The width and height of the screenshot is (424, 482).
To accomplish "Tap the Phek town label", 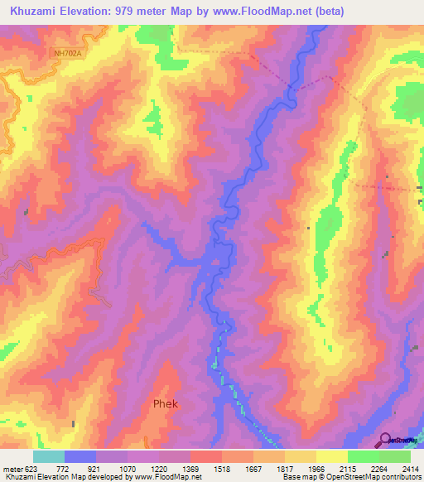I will pyautogui.click(x=166, y=404).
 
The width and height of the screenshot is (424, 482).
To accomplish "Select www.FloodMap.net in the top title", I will pyautogui.click(x=262, y=12).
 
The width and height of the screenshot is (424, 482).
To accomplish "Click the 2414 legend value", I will pyautogui.click(x=409, y=468).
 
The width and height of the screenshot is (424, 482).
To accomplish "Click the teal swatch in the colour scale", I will pyautogui.click(x=49, y=456).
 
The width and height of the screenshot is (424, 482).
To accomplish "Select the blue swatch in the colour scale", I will pyautogui.click(x=80, y=456).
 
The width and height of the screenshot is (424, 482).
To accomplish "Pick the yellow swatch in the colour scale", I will pyautogui.click(x=331, y=456).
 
